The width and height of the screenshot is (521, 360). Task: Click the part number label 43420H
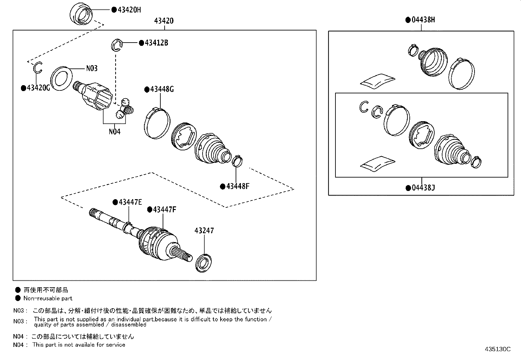click(129, 10)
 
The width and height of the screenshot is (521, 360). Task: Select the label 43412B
click(156, 43)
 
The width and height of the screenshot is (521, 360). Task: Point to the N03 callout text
click(92, 68)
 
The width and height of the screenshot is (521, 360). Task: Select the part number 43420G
click(38, 88)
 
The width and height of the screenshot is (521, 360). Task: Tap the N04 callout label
click(115, 132)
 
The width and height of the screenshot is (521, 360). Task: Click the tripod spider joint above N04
click(125, 108)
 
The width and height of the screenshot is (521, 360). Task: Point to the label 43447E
click(130, 202)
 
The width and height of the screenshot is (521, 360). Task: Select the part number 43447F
click(164, 209)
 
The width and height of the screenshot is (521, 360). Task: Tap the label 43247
click(204, 231)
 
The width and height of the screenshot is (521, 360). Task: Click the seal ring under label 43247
click(205, 262)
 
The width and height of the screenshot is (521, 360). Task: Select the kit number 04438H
click(423, 20)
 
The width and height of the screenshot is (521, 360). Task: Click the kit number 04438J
click(423, 188)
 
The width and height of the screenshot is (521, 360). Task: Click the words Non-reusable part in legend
click(48, 298)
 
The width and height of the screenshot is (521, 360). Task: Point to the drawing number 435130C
click(497, 349)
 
